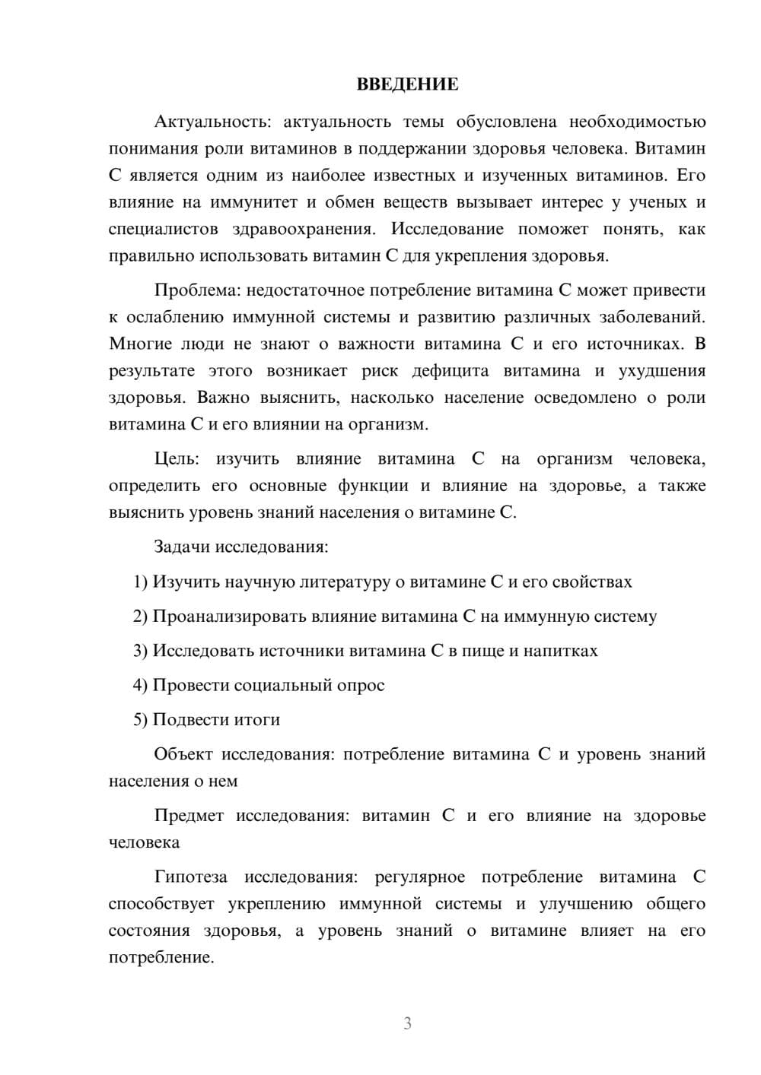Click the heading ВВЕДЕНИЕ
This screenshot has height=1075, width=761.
pos(407,84)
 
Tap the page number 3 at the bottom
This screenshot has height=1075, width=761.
pos(407,1023)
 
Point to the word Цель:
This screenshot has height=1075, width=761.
pos(177,459)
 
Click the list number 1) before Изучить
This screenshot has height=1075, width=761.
pos(141,582)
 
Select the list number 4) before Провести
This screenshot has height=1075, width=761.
pos(141,686)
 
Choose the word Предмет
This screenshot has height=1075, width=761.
pos(189,816)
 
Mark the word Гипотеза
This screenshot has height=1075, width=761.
pos(190,877)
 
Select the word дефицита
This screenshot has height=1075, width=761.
pos(450,371)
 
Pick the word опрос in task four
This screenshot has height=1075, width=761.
pos(361,686)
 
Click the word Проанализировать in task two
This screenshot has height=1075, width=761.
pos(230,617)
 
